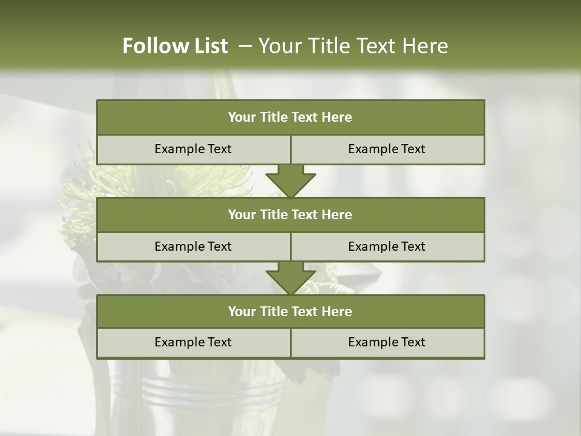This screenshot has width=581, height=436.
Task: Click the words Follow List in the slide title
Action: click(176, 46)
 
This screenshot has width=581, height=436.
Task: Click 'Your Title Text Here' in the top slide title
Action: click(353, 46)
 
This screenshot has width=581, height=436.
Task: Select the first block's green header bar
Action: click(290, 117)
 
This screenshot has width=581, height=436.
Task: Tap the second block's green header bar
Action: click(290, 214)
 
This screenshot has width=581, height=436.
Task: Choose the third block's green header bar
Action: click(290, 311)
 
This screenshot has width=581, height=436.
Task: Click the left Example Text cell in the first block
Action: click(193, 149)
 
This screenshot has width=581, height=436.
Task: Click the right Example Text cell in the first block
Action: click(387, 149)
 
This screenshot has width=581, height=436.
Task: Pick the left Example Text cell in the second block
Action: click(193, 246)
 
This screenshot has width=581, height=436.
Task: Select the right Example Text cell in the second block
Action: click(387, 246)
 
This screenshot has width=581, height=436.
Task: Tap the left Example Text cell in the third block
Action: click(193, 342)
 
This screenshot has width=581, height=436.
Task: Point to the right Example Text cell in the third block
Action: click(387, 342)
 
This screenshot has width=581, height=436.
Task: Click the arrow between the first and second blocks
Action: click(290, 181)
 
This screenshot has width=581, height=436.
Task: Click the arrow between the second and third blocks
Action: click(290, 278)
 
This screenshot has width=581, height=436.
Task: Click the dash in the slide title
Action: click(246, 46)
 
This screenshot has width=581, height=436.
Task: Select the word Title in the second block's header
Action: click(274, 214)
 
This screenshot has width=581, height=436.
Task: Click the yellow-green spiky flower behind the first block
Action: click(91, 182)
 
